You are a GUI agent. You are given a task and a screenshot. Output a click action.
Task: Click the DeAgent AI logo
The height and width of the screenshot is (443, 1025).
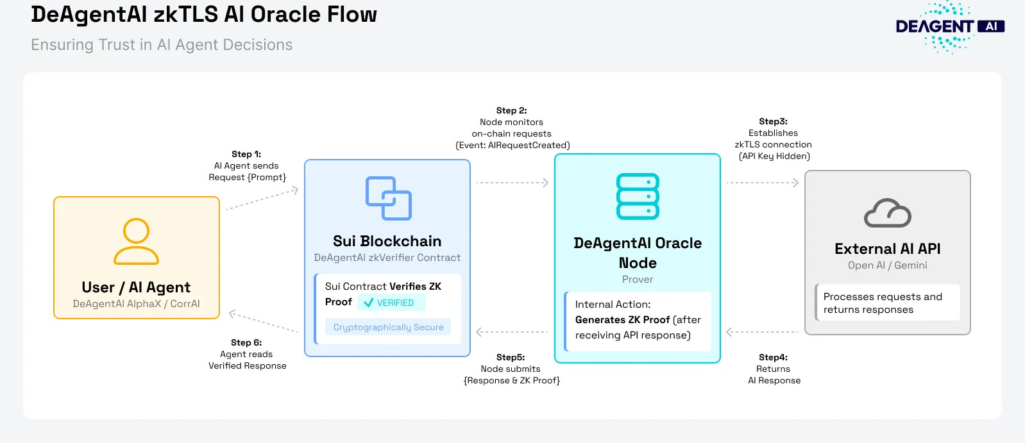point(949,27)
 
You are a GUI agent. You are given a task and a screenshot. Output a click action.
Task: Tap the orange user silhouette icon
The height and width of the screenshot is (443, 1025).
point(136,242)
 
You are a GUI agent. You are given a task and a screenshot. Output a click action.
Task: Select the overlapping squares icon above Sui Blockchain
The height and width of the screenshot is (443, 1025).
point(388,198)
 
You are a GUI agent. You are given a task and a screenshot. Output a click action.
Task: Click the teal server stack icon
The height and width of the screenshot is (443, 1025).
point(638,196)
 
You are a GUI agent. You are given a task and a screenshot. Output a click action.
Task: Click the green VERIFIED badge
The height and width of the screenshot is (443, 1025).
point(391,303)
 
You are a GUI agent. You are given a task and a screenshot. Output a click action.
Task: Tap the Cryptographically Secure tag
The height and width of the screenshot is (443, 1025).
point(388,327)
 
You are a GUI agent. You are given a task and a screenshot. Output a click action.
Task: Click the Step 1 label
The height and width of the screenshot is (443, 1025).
point(246,154)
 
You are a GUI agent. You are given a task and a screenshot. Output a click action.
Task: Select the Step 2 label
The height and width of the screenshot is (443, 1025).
point(511,110)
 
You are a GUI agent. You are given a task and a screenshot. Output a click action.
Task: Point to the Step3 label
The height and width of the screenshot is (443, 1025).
point(773,121)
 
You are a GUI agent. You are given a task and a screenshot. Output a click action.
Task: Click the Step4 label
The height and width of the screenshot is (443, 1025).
point(773,357)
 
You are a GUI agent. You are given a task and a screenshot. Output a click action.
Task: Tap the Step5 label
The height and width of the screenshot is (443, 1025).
point(511,357)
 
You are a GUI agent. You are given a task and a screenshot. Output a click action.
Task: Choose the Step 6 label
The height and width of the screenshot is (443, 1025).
point(246,342)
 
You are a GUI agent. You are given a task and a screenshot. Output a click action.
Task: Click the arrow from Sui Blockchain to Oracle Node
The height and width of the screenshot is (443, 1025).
point(512,183)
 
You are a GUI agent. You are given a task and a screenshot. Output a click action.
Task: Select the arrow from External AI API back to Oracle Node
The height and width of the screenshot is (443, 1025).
point(762,332)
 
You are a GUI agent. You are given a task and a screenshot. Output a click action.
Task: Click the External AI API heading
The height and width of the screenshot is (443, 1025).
point(887,249)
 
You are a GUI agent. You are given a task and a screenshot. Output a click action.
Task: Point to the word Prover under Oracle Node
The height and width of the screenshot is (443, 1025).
point(638,280)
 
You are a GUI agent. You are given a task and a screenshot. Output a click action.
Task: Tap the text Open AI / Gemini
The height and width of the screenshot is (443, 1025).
point(887,265)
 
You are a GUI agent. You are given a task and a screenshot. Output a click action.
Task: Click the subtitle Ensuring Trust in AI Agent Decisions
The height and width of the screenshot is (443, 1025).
point(162,45)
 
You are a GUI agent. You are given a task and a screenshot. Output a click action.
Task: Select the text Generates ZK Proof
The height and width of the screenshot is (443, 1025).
point(622,320)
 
